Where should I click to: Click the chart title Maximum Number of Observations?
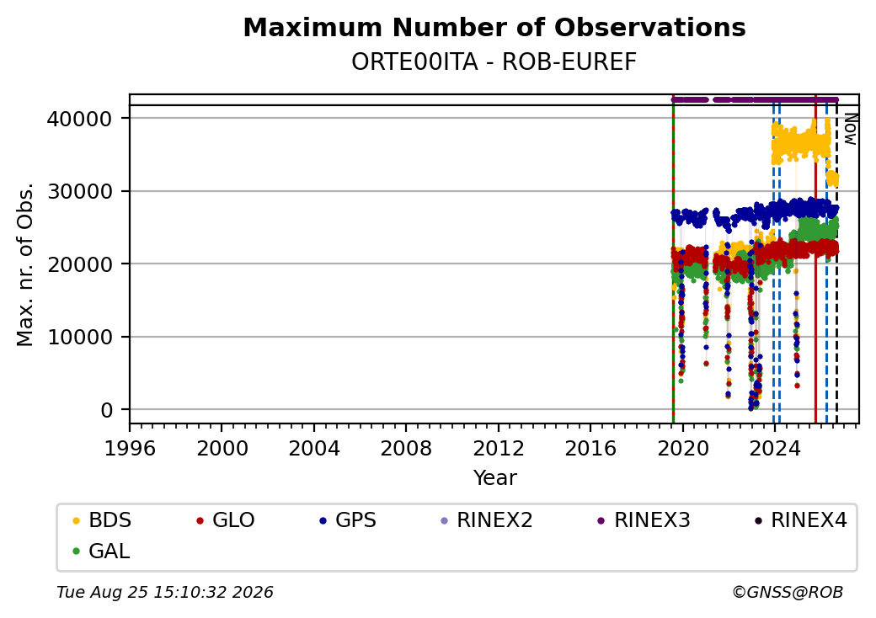494,27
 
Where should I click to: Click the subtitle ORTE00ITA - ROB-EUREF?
494,62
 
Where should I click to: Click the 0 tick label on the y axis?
106,410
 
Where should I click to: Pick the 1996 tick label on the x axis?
130,448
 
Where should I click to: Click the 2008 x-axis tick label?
406,448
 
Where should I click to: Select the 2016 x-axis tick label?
590,448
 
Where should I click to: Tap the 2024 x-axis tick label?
774,448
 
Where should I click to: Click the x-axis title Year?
494,478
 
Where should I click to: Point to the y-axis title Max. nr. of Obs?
25,264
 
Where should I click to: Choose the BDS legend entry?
102,520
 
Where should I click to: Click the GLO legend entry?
226,520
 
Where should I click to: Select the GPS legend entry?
348,520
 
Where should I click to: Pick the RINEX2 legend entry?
487,520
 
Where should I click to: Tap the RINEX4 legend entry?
800,520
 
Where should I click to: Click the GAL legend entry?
101,551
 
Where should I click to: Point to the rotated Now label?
850,129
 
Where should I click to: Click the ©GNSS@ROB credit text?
788,592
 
